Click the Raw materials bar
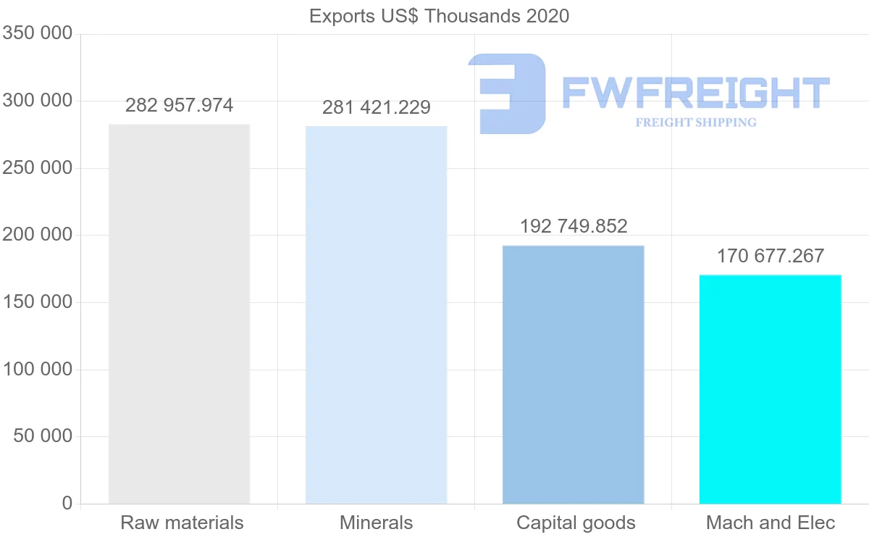179,314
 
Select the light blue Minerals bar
376,315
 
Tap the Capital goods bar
573,375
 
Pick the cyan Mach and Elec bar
770,389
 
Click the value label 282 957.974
179,106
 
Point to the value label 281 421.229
376,108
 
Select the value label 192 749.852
573,226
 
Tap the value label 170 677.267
770,256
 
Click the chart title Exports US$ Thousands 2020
439,16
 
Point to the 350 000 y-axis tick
38,34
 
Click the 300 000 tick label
38,101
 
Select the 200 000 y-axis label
38,235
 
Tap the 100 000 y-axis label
38,370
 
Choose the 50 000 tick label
43,436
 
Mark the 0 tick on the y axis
67,503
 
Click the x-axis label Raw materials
182,523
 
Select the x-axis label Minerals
376,523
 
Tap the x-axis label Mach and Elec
770,523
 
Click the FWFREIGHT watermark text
695,93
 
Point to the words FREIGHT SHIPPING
695,122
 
